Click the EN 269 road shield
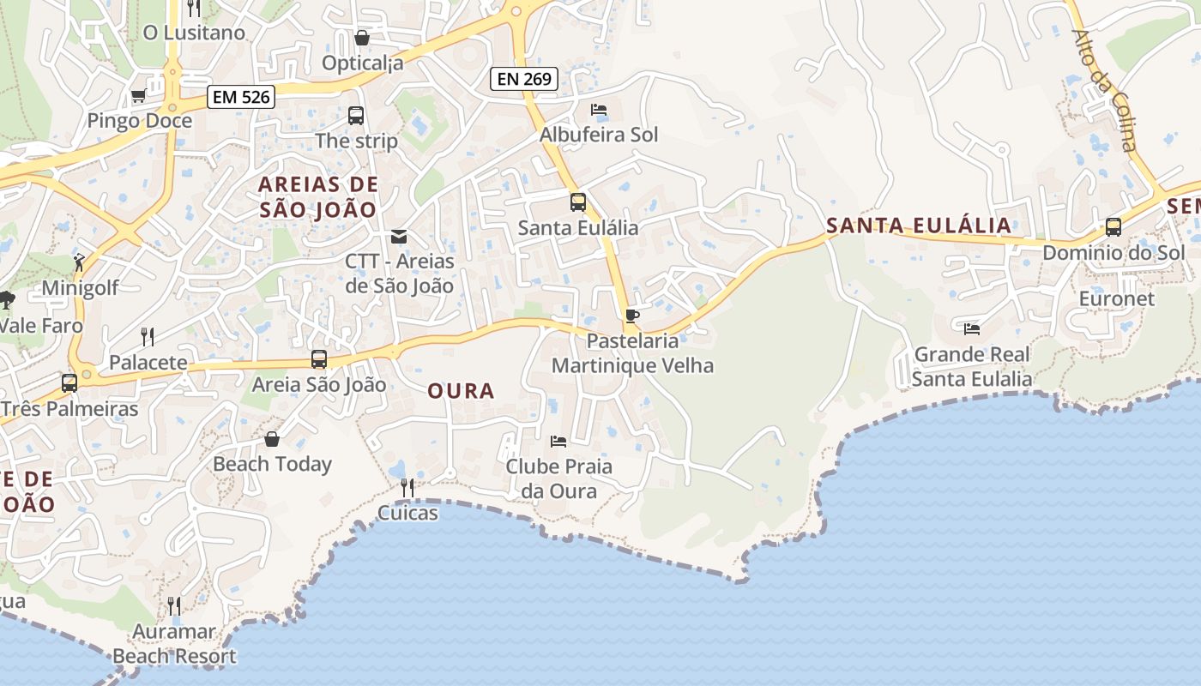pyautogui.click(x=524, y=80)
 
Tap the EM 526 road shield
pyautogui.click(x=241, y=97)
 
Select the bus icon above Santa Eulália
pyautogui.click(x=578, y=202)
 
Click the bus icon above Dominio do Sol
pyautogui.click(x=1113, y=227)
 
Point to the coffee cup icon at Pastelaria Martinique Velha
pyautogui.click(x=632, y=316)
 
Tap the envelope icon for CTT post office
pyautogui.click(x=399, y=236)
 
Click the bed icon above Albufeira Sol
pyautogui.click(x=599, y=110)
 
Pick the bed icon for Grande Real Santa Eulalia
pyautogui.click(x=972, y=328)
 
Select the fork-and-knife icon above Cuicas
pyautogui.click(x=407, y=488)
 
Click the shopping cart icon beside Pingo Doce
pyautogui.click(x=138, y=95)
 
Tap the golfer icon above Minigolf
pyautogui.click(x=80, y=262)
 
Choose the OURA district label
pyautogui.click(x=462, y=391)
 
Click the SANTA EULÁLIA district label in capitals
pyautogui.click(x=919, y=226)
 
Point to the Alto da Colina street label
pyautogui.click(x=1105, y=90)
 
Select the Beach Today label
pyautogui.click(x=272, y=464)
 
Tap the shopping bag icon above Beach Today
pyautogui.click(x=272, y=439)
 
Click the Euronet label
pyautogui.click(x=1118, y=299)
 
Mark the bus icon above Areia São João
pyautogui.click(x=319, y=359)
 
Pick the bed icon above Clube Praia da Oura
pyautogui.click(x=558, y=442)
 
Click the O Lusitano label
pyautogui.click(x=194, y=33)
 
